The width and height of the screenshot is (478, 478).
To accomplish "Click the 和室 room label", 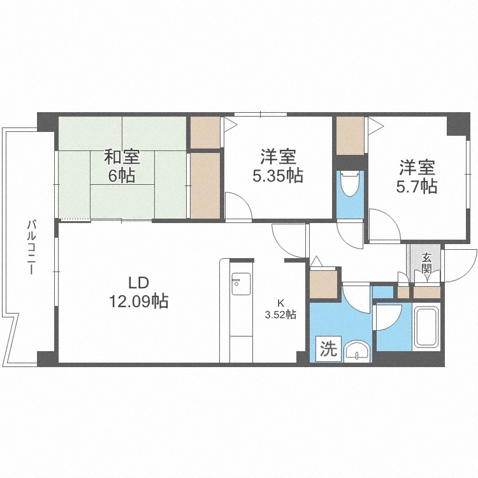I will pos(122,157).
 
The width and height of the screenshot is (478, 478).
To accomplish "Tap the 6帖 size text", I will pos(122,176).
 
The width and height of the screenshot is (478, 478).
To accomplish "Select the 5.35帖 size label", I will pos(277,176).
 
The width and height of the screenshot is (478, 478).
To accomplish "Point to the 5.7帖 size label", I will pos(417,186).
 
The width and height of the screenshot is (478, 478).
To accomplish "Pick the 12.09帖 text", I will pos(139,301).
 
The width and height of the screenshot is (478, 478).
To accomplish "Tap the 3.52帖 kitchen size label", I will pos(280,314).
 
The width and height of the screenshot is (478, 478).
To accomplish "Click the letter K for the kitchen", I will pos(280,302).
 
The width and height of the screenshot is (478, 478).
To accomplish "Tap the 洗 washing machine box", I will pos(327,349).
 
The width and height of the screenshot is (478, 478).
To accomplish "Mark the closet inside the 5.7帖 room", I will pos(350,135).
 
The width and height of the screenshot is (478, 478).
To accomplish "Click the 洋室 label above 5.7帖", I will pos(417,168).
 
